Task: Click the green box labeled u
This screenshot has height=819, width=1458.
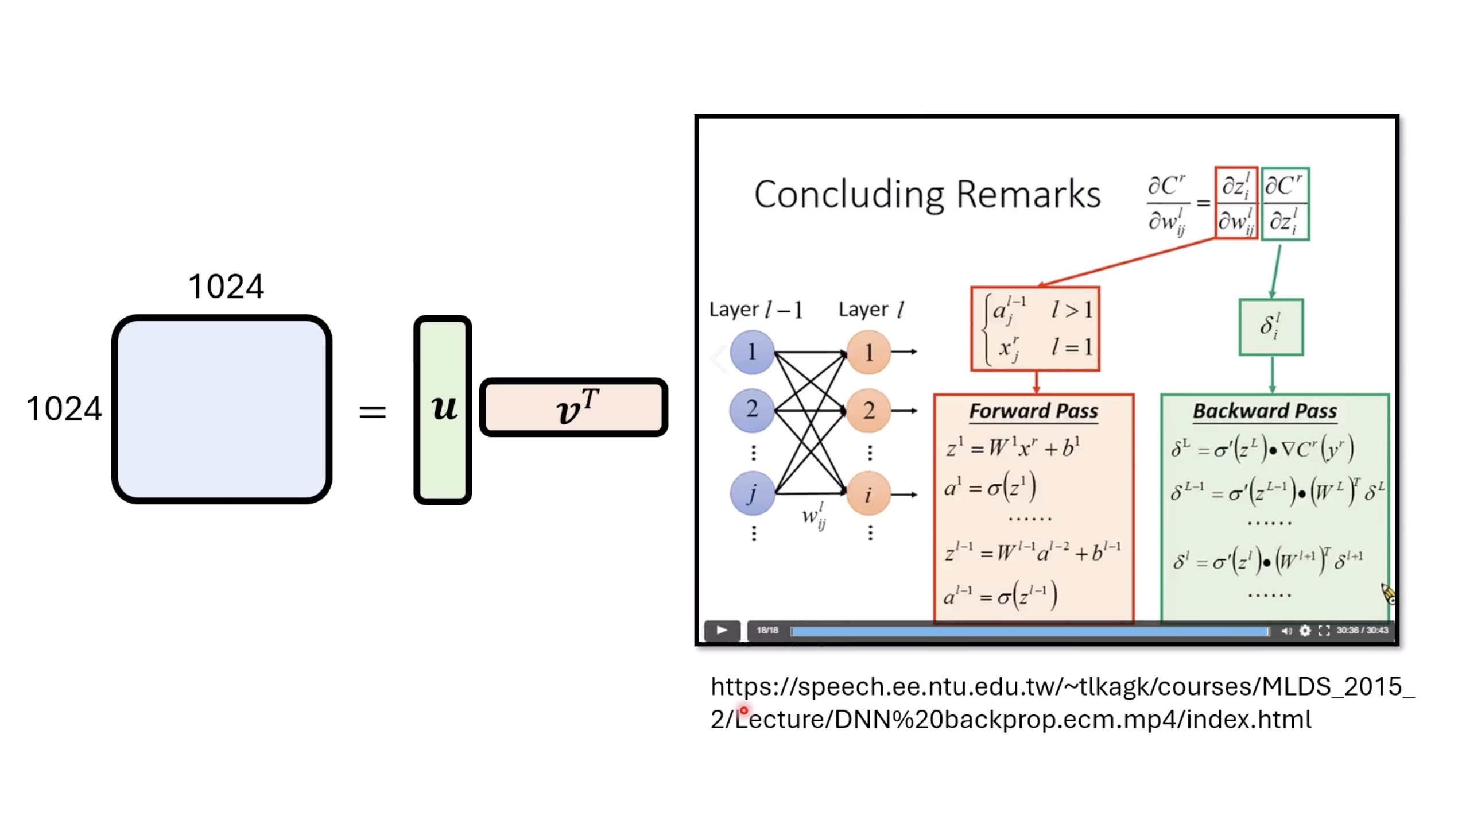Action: coord(443,409)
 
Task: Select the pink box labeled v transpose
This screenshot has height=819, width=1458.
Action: coord(573,407)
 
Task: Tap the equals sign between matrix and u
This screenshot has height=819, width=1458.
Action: coord(372,411)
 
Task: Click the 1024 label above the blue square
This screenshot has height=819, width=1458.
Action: coord(226,286)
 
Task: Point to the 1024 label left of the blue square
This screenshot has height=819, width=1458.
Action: coord(64,409)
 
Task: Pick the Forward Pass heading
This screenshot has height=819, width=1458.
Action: coord(1033,411)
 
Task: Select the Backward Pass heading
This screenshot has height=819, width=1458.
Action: coord(1265,411)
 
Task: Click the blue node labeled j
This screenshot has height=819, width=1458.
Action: coord(752,493)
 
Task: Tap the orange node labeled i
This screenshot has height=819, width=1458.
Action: coord(868,494)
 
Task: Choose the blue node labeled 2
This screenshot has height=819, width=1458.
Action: coord(752,410)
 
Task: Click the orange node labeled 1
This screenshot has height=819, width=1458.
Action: coord(868,352)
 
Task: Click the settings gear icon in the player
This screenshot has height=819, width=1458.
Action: coord(1305,631)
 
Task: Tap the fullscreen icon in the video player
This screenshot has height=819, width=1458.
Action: coord(1324,631)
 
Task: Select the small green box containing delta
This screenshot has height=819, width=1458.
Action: coord(1271,327)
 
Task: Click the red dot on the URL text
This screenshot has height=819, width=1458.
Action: coord(743,711)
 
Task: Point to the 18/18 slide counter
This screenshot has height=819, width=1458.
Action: coord(767,631)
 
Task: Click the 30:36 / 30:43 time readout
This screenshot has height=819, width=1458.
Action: coord(1362,631)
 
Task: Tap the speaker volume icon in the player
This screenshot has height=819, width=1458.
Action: coord(1286,631)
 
